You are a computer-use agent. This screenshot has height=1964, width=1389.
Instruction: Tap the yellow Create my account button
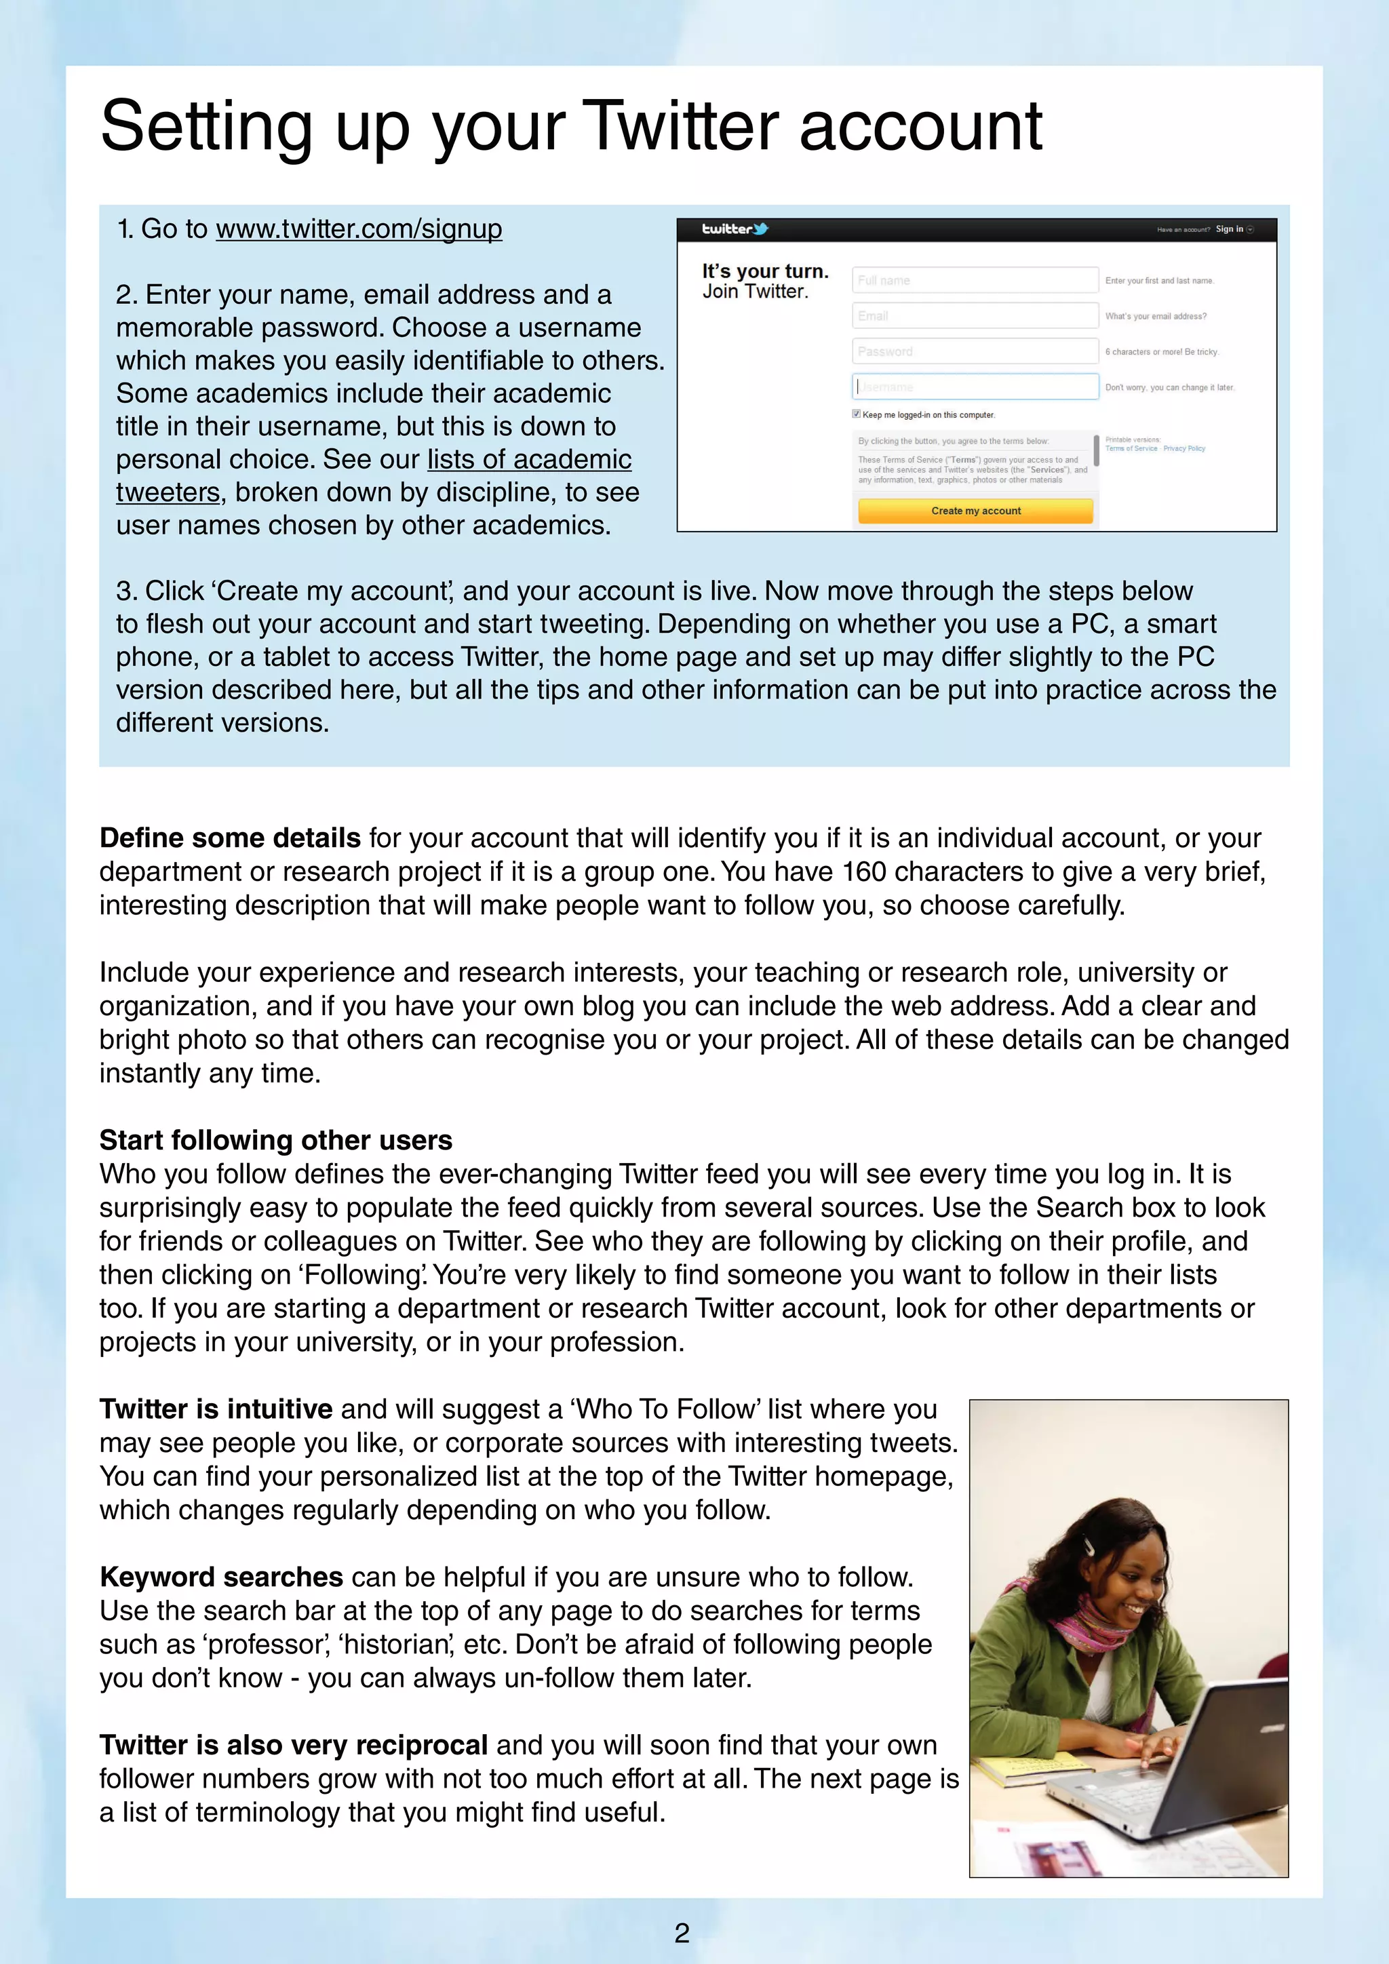pos(975,511)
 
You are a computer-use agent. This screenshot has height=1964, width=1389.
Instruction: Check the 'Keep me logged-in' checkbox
pos(856,414)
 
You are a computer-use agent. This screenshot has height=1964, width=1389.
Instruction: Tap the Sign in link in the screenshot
pos(1229,229)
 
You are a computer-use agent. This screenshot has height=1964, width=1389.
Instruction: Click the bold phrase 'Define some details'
pos(230,838)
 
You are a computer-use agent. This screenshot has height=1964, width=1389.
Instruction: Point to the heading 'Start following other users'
pos(275,1140)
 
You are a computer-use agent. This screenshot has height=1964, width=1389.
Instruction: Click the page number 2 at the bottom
pos(682,1932)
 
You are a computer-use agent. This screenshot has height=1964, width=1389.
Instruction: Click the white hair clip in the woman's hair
pos(1090,1546)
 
